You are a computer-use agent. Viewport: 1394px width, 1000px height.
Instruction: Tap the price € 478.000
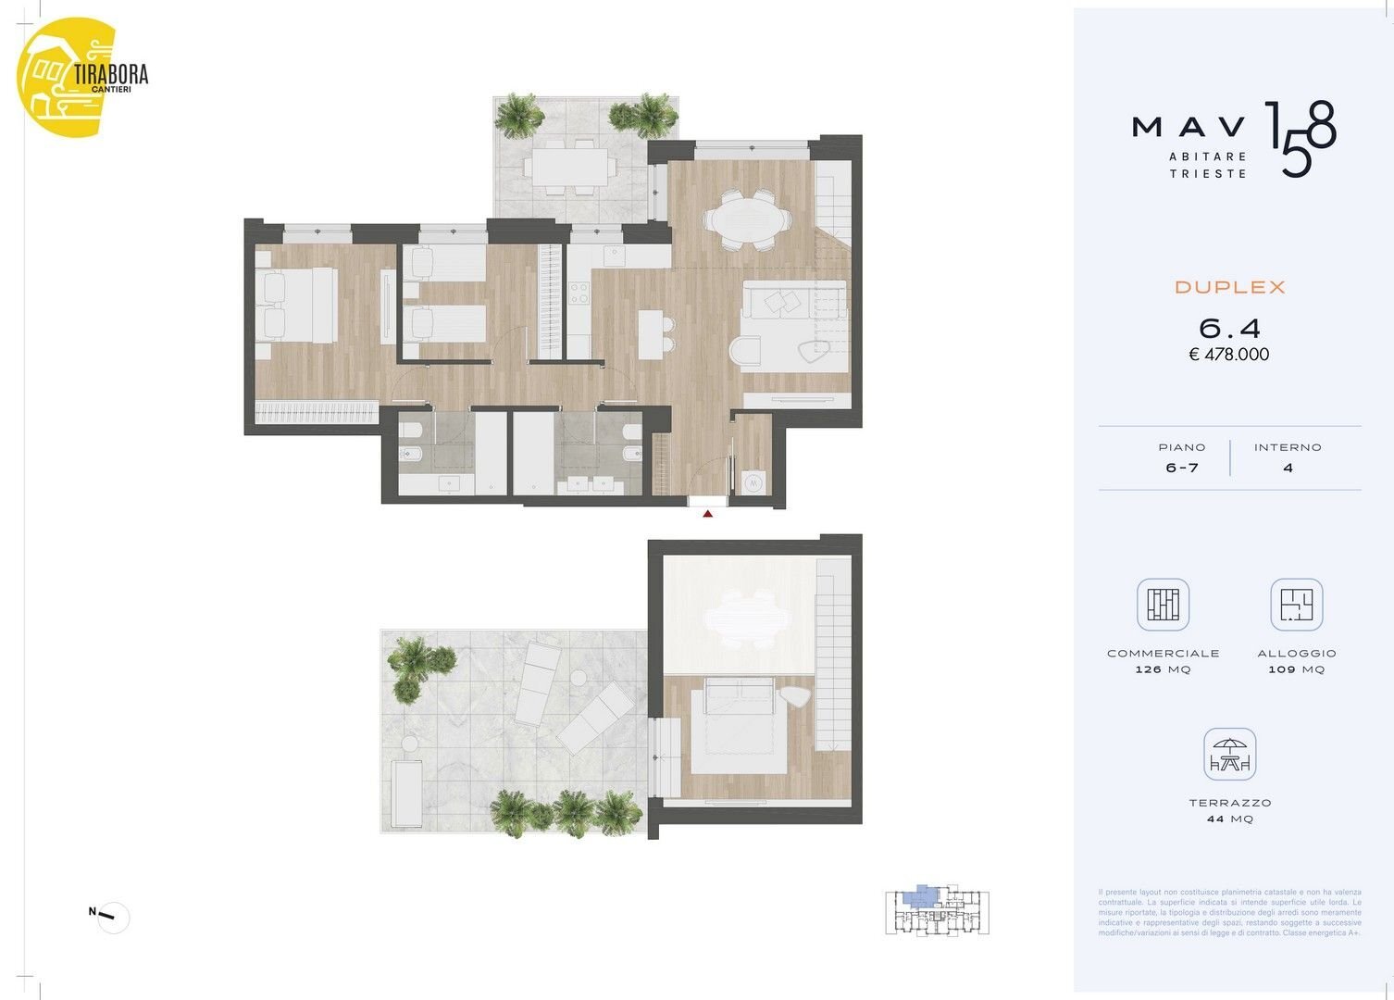coord(1229,355)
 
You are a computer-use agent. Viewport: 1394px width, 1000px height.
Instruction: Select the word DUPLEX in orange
coord(1230,288)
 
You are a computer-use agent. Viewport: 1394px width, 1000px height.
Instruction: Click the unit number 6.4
coord(1229,328)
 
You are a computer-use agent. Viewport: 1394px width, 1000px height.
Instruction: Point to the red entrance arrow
coord(708,512)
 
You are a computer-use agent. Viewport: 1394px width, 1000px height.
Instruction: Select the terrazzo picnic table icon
coord(1230,755)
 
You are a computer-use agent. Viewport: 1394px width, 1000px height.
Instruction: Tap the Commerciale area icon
coord(1163,605)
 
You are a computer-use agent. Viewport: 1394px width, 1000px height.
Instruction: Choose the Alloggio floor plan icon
coord(1296,605)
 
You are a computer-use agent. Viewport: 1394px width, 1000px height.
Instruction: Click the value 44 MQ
coord(1230,819)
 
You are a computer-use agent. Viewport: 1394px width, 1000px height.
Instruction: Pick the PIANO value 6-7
coord(1182,469)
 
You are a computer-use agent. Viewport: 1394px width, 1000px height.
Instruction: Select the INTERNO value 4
coord(1288,469)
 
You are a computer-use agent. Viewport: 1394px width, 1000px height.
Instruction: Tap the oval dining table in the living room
coord(747,219)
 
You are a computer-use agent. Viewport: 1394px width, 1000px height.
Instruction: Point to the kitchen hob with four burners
coord(579,294)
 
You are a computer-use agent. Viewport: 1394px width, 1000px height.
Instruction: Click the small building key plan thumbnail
coord(937,911)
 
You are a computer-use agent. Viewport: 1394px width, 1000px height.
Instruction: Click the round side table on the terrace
coord(579,679)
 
